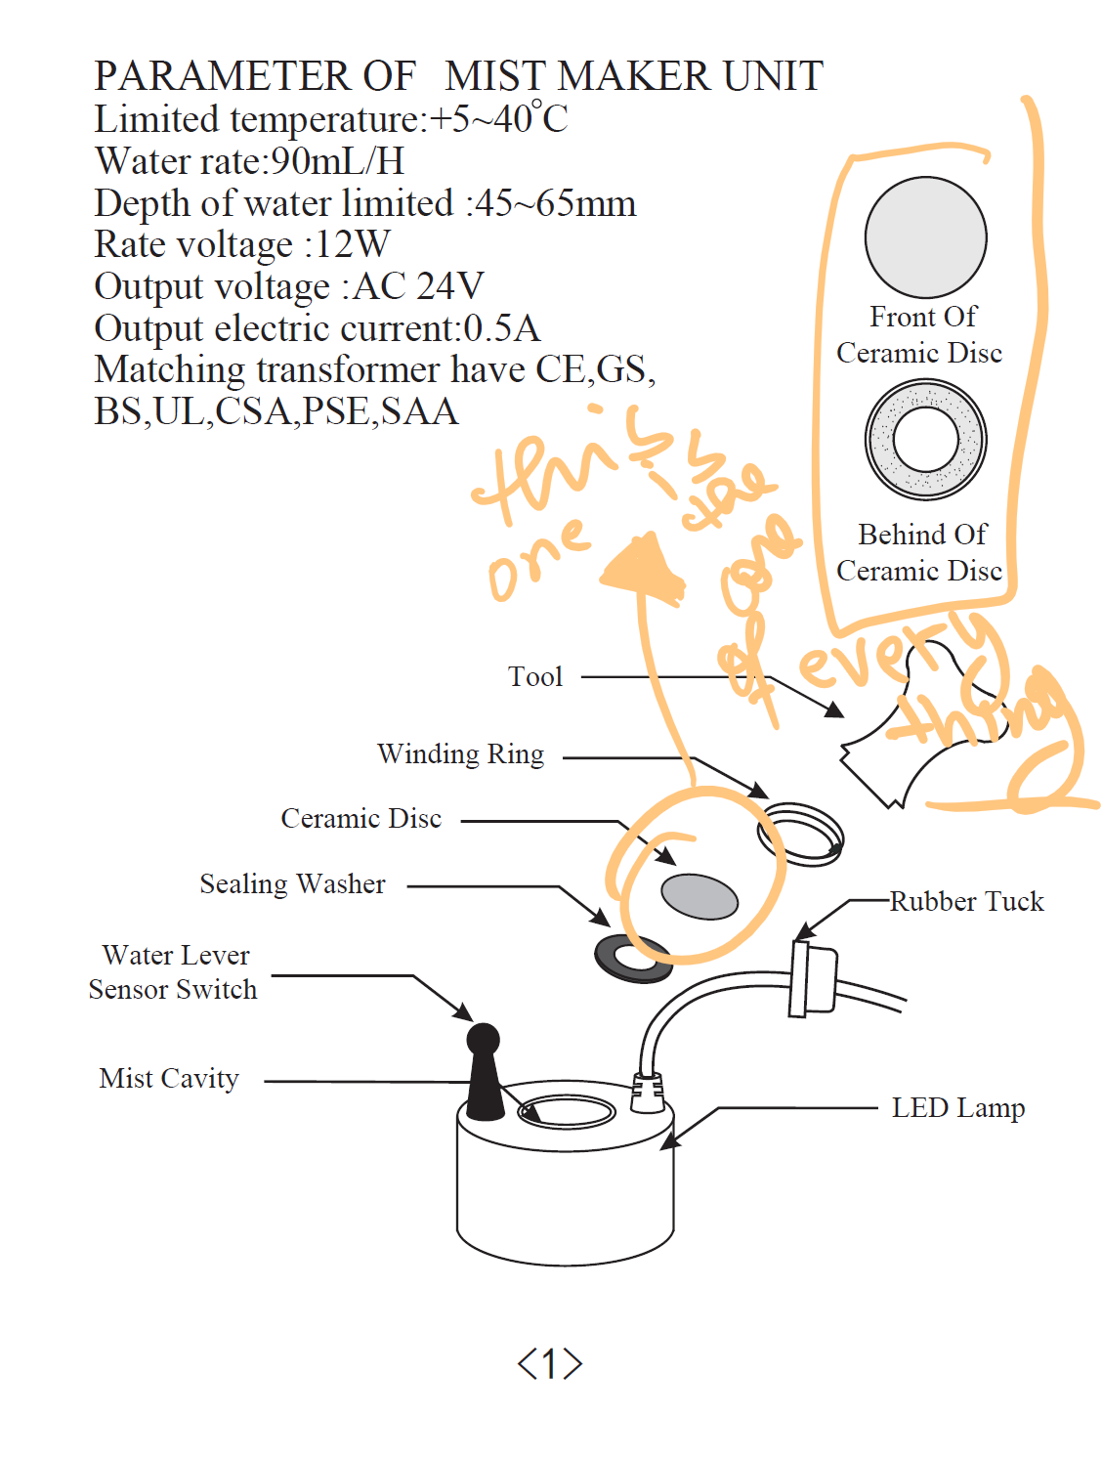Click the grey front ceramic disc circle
pyautogui.click(x=925, y=237)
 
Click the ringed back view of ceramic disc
pyautogui.click(x=925, y=439)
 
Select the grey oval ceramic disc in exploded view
pyautogui.click(x=699, y=896)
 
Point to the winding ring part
pyautogui.click(x=801, y=834)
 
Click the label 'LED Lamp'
pyautogui.click(x=957, y=1108)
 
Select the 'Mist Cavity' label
pyautogui.click(x=169, y=1079)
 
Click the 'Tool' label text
pyautogui.click(x=535, y=676)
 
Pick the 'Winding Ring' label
pyautogui.click(x=460, y=754)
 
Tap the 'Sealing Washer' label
pyautogui.click(x=292, y=884)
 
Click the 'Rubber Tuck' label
pyautogui.click(x=966, y=901)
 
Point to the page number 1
pyautogui.click(x=550, y=1363)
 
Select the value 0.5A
pyautogui.click(x=501, y=328)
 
